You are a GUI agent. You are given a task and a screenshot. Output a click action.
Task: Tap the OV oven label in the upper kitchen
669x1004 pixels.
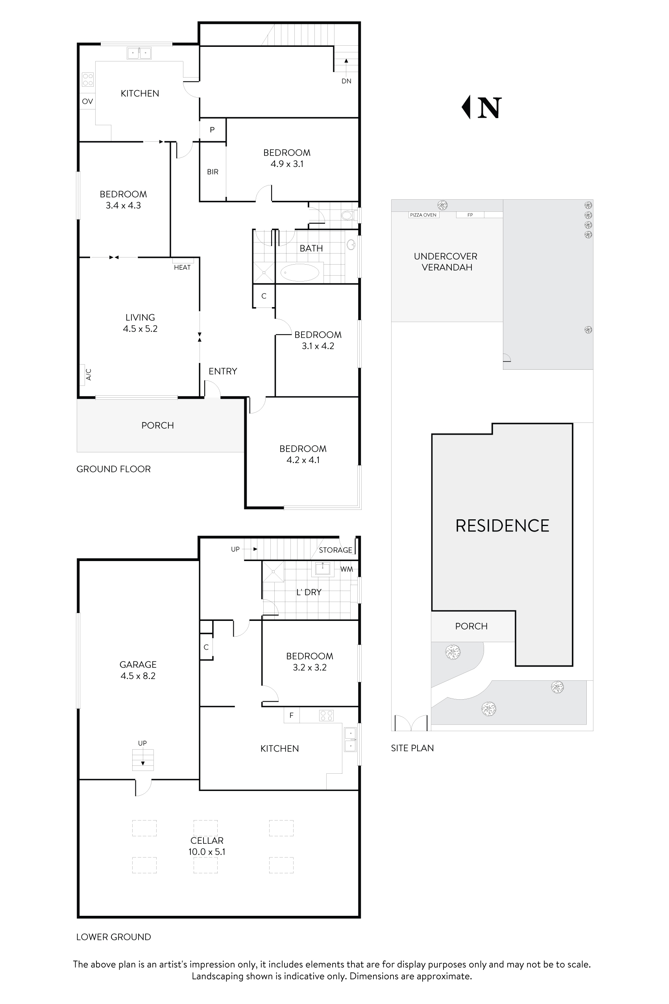tap(87, 102)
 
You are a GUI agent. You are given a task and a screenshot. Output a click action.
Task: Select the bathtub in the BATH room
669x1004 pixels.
tap(299, 272)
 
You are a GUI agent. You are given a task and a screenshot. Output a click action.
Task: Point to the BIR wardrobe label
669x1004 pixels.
tap(213, 172)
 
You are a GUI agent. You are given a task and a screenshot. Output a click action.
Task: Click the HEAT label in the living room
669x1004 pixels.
tap(182, 267)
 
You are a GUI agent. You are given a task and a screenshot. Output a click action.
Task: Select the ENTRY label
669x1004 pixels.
tap(223, 371)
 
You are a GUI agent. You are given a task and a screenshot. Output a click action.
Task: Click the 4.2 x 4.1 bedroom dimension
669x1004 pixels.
tap(303, 460)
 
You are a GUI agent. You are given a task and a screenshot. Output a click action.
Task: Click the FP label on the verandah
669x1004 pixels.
tap(470, 215)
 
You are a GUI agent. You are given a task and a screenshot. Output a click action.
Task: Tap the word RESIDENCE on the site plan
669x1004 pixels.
tap(502, 526)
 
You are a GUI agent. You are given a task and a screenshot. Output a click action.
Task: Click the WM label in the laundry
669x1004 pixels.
tap(346, 569)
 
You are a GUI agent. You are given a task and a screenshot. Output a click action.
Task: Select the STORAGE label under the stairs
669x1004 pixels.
tap(335, 550)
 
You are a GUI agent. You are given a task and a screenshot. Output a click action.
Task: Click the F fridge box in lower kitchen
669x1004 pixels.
tap(291, 715)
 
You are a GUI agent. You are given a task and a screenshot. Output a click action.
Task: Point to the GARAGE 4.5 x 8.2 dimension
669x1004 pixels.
tap(138, 676)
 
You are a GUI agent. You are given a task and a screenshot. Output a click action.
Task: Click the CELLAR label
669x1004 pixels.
tap(207, 841)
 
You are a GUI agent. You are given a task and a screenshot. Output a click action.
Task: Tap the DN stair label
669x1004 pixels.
tap(346, 81)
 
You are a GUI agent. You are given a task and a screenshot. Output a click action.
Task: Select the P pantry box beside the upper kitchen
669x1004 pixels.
tap(212, 130)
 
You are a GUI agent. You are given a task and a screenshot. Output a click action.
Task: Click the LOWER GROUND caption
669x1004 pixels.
tap(113, 937)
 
